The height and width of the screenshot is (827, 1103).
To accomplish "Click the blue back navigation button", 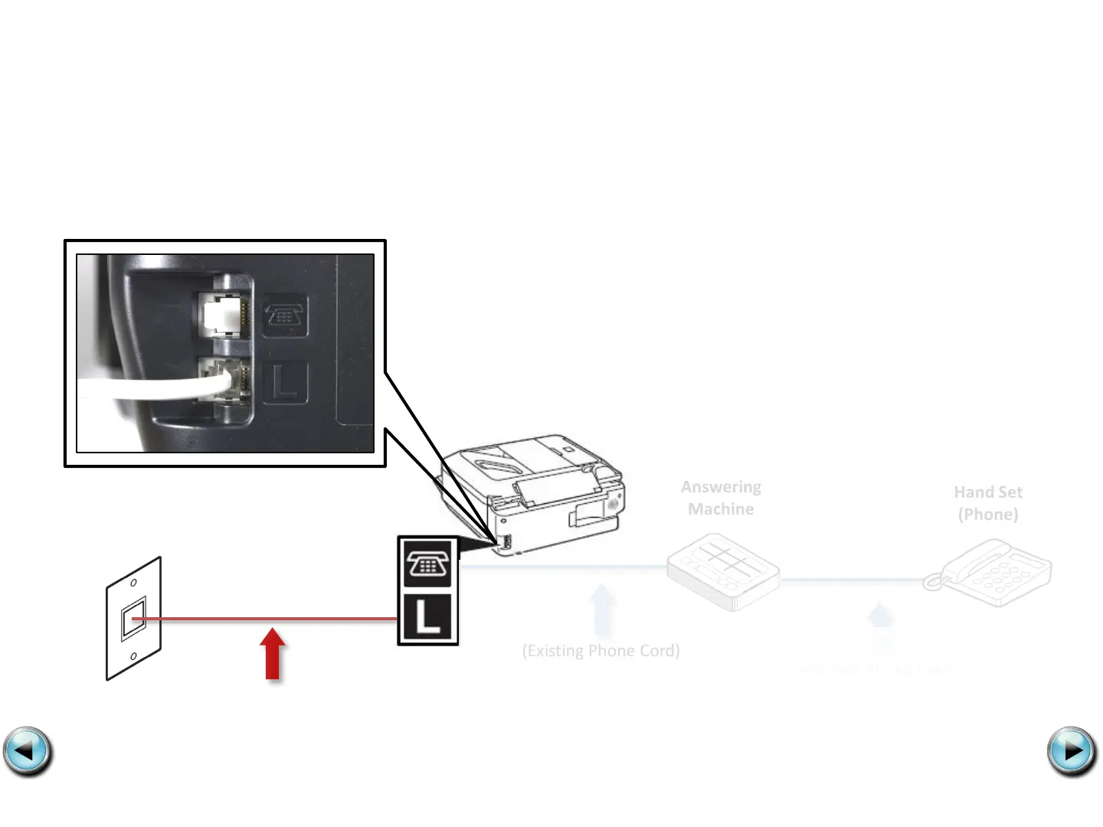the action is click(x=28, y=752).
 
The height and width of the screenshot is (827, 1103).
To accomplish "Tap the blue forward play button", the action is click(x=1072, y=752).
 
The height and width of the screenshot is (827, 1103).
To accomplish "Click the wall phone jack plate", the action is click(x=133, y=619).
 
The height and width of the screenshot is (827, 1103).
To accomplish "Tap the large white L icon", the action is click(x=427, y=617).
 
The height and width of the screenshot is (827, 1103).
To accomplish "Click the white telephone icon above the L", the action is click(x=427, y=564).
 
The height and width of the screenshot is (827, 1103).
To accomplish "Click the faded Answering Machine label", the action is click(x=721, y=498).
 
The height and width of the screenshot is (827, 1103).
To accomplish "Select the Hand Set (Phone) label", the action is click(x=988, y=503).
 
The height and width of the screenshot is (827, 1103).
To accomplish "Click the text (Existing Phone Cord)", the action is click(x=601, y=651).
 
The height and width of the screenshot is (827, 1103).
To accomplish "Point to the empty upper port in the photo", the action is click(x=224, y=314).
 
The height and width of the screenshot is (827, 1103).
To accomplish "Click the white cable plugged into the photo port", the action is click(x=153, y=387).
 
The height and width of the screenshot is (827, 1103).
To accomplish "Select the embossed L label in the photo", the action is click(x=285, y=382).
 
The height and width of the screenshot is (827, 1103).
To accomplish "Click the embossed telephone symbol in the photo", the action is click(x=285, y=315).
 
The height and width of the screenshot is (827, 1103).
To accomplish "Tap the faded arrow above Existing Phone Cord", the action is click(x=602, y=610).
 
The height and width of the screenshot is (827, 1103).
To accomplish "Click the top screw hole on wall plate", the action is click(x=133, y=583).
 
